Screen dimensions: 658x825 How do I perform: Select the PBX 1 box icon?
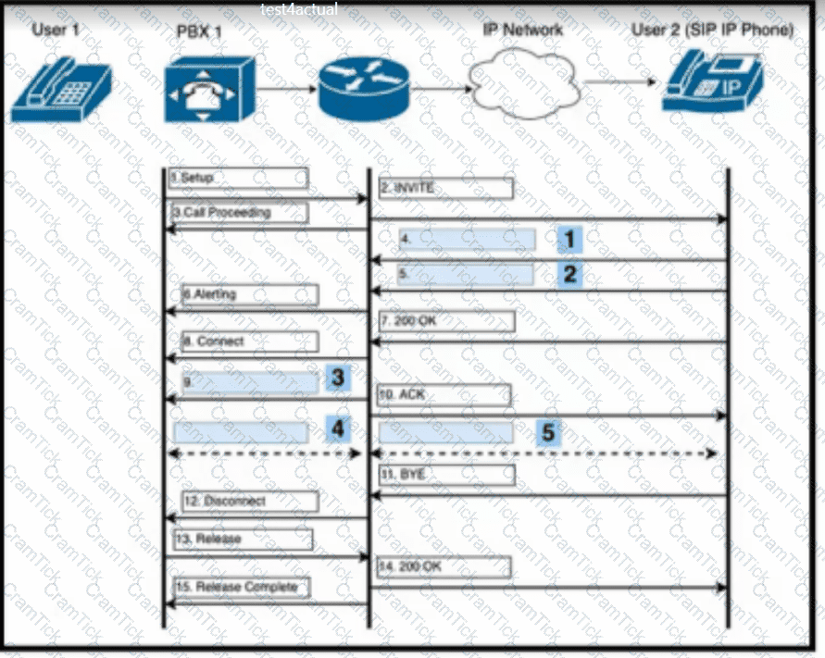tap(208, 90)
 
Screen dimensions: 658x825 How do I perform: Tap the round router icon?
tap(364, 91)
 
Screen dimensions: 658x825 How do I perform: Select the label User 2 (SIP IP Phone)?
tap(712, 30)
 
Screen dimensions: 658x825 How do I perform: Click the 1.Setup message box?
tap(238, 178)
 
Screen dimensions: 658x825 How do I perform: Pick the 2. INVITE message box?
tap(445, 189)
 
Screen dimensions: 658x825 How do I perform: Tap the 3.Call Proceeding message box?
tap(238, 213)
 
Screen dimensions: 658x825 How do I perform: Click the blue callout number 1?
tap(569, 240)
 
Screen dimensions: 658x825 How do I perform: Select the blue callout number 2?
tap(569, 274)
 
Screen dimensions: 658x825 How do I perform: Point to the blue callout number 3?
tap(338, 379)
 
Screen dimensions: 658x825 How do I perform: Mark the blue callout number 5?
tap(548, 431)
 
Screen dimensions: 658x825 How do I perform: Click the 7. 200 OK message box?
tap(445, 321)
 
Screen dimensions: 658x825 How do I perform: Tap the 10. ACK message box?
tap(444, 395)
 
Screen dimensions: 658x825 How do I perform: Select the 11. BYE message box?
tap(445, 474)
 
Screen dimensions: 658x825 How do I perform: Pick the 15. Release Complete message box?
tap(241, 587)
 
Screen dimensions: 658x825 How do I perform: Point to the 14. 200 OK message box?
tap(444, 566)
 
